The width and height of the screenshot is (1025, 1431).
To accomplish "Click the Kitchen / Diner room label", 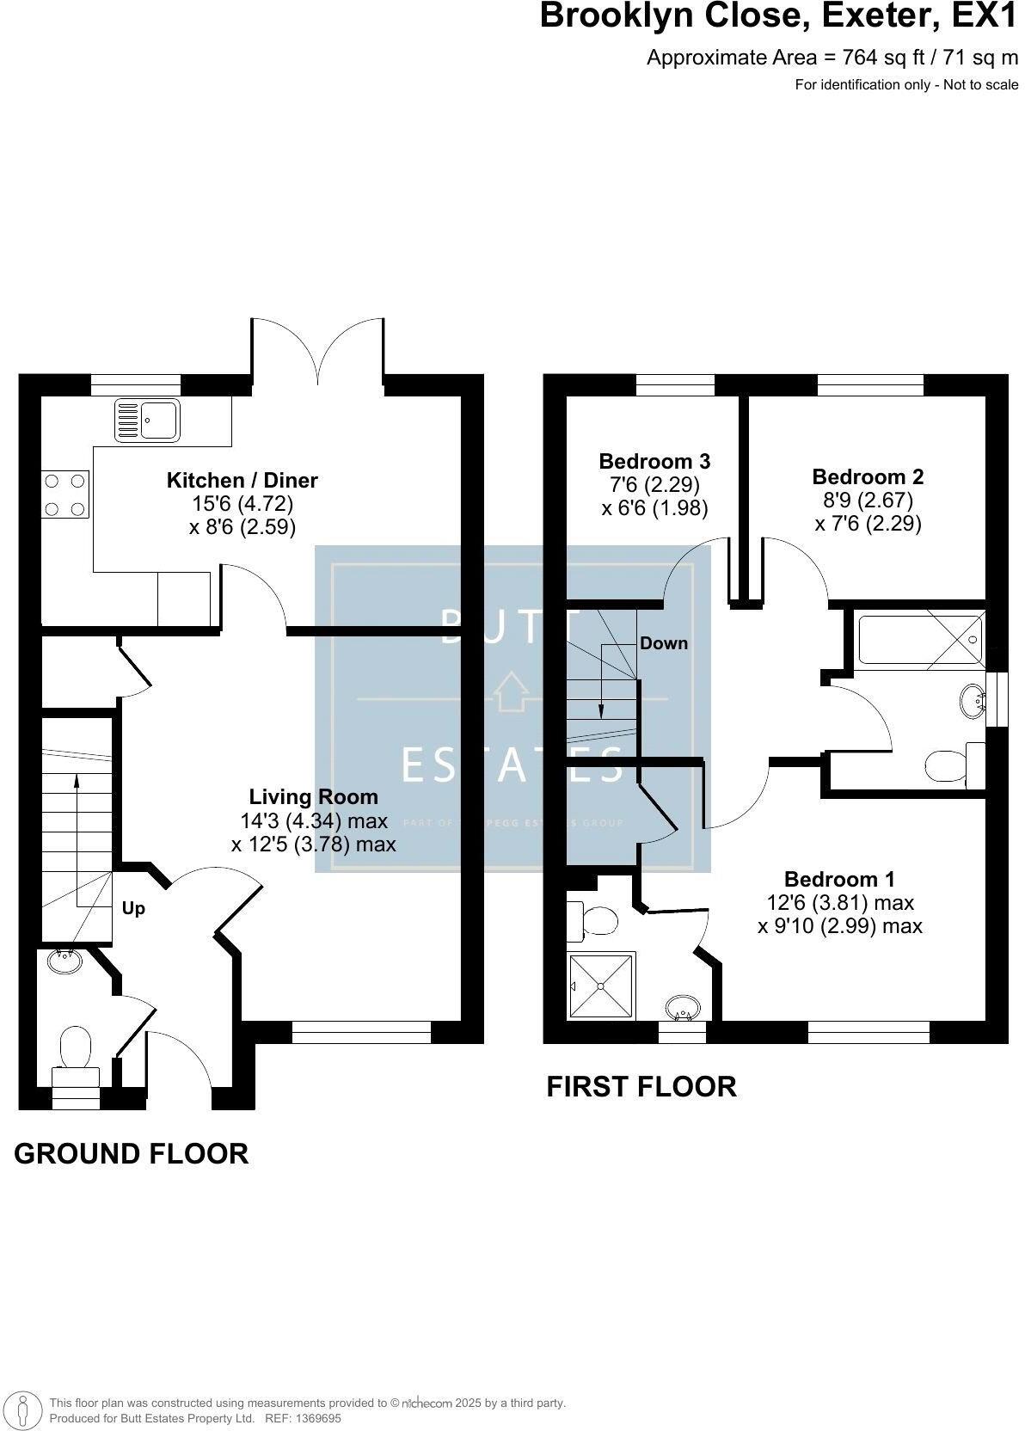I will (x=242, y=480).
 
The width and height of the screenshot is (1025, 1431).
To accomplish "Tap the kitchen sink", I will (x=147, y=421).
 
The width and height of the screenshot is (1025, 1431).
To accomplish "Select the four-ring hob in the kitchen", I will (x=65, y=495).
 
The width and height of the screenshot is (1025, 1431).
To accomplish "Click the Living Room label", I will (x=313, y=796).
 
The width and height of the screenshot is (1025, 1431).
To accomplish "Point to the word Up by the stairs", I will (x=133, y=908).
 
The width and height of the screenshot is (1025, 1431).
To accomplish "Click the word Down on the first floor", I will (x=663, y=643).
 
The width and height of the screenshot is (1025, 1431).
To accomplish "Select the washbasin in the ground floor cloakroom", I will (x=63, y=961).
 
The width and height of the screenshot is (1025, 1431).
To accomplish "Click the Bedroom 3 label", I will (x=654, y=461).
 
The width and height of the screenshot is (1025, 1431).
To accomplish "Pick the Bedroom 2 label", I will (x=868, y=476).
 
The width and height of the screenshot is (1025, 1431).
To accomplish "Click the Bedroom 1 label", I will (x=839, y=879).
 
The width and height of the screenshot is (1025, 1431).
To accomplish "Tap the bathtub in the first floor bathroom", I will (x=919, y=637).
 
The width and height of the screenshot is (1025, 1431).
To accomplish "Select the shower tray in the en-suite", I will (x=600, y=986).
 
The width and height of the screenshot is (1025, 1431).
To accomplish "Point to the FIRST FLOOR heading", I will (x=641, y=1086).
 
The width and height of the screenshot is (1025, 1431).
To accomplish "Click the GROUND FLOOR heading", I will (x=131, y=1153).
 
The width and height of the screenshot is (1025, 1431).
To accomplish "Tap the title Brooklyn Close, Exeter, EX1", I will (x=778, y=16).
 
